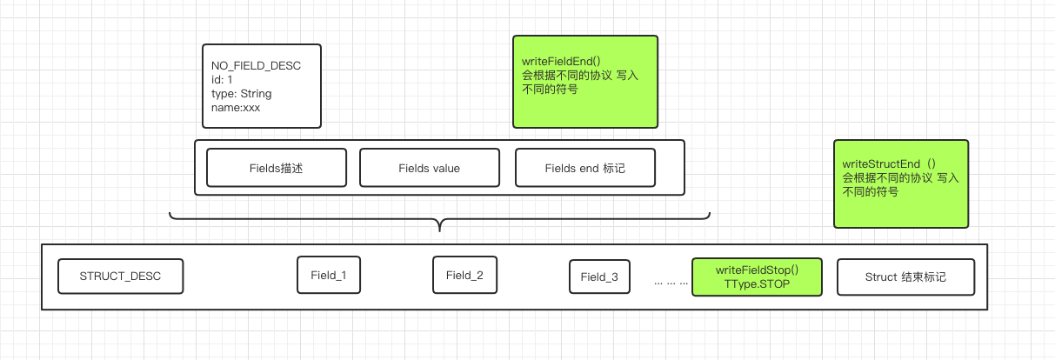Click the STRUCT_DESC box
[x=120, y=277]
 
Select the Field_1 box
[x=329, y=276]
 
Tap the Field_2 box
[x=464, y=276]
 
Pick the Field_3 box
[x=599, y=277]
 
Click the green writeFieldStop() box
[x=756, y=277]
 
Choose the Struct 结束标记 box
[x=905, y=277]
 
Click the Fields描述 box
[x=276, y=168]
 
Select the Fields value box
[x=429, y=168]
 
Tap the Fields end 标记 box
[x=584, y=168]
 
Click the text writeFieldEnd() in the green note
[x=561, y=62]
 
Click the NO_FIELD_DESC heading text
[x=256, y=66]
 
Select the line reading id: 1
[x=223, y=80]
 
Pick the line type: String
[x=241, y=94]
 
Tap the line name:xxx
[x=236, y=108]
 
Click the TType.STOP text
[x=756, y=284]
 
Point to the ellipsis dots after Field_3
[x=671, y=282]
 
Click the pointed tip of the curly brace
[x=439, y=230]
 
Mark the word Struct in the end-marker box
[x=882, y=277]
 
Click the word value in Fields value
[x=444, y=168]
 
